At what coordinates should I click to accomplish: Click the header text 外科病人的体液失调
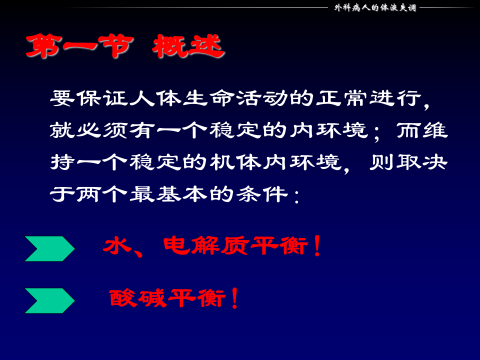click(x=375, y=7)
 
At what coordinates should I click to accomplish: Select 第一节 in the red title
click(x=79, y=47)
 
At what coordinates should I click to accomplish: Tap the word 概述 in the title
click(x=188, y=47)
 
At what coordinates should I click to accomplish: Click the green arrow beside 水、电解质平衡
click(x=49, y=248)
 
